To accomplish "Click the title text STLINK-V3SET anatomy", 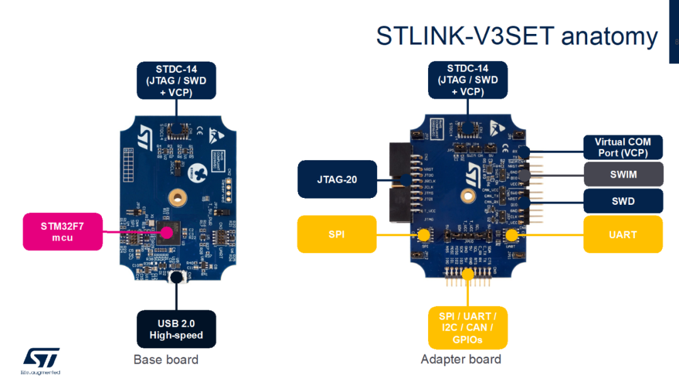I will [516, 36].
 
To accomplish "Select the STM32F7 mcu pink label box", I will [62, 232].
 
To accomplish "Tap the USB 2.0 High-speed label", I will [176, 329].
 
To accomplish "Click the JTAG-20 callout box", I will [338, 180].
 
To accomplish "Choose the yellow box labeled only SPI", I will [336, 234].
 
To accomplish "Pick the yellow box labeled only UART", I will [622, 234].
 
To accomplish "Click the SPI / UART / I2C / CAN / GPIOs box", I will [467, 327].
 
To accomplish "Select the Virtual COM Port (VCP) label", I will [622, 147].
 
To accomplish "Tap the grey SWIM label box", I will [622, 175].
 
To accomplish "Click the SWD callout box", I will [622, 201].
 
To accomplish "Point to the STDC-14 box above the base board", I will [176, 80].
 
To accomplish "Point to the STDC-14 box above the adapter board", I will [467, 80].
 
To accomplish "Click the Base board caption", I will [166, 360].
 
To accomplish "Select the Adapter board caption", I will [461, 359].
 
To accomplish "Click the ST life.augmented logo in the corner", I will [41, 361].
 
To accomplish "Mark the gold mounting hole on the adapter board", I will [468, 196].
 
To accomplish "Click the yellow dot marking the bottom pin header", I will [467, 273].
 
